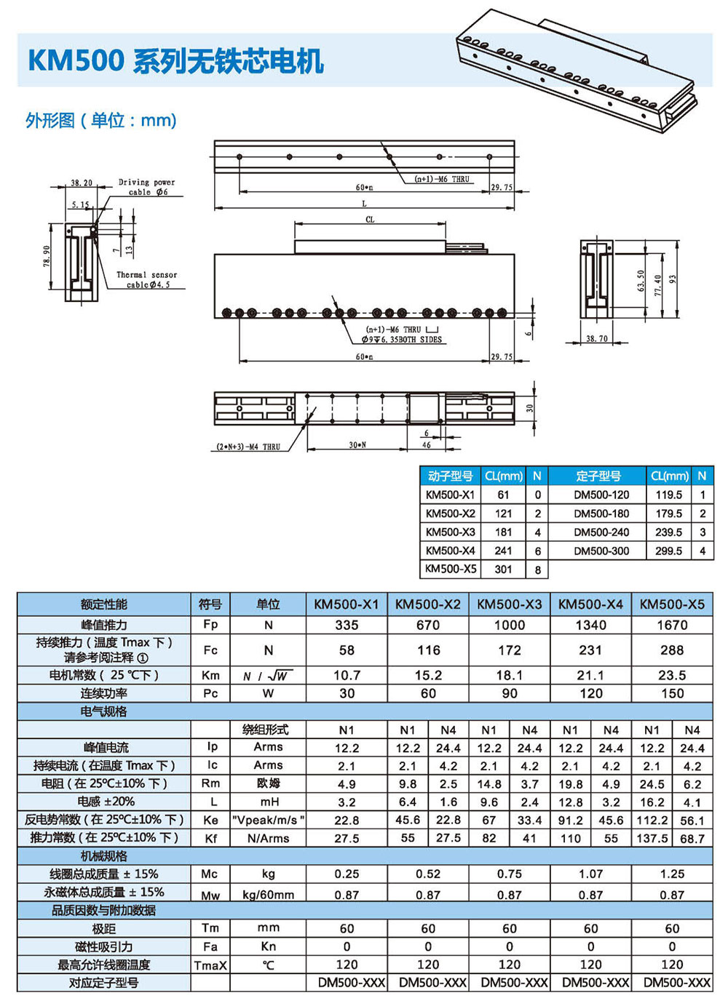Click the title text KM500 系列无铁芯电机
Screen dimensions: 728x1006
tap(175, 60)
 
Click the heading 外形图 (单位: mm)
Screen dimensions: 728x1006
tap(100, 120)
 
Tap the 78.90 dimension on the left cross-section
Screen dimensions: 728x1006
tap(47, 257)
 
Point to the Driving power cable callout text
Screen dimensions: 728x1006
tap(147, 187)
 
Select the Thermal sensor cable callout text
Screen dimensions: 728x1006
tap(147, 279)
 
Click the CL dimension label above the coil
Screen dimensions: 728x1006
tap(370, 220)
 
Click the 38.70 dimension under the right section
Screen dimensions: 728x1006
tap(597, 339)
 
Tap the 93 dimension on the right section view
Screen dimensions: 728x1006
tap(672, 279)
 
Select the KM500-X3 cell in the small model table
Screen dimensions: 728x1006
tap(450, 532)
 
